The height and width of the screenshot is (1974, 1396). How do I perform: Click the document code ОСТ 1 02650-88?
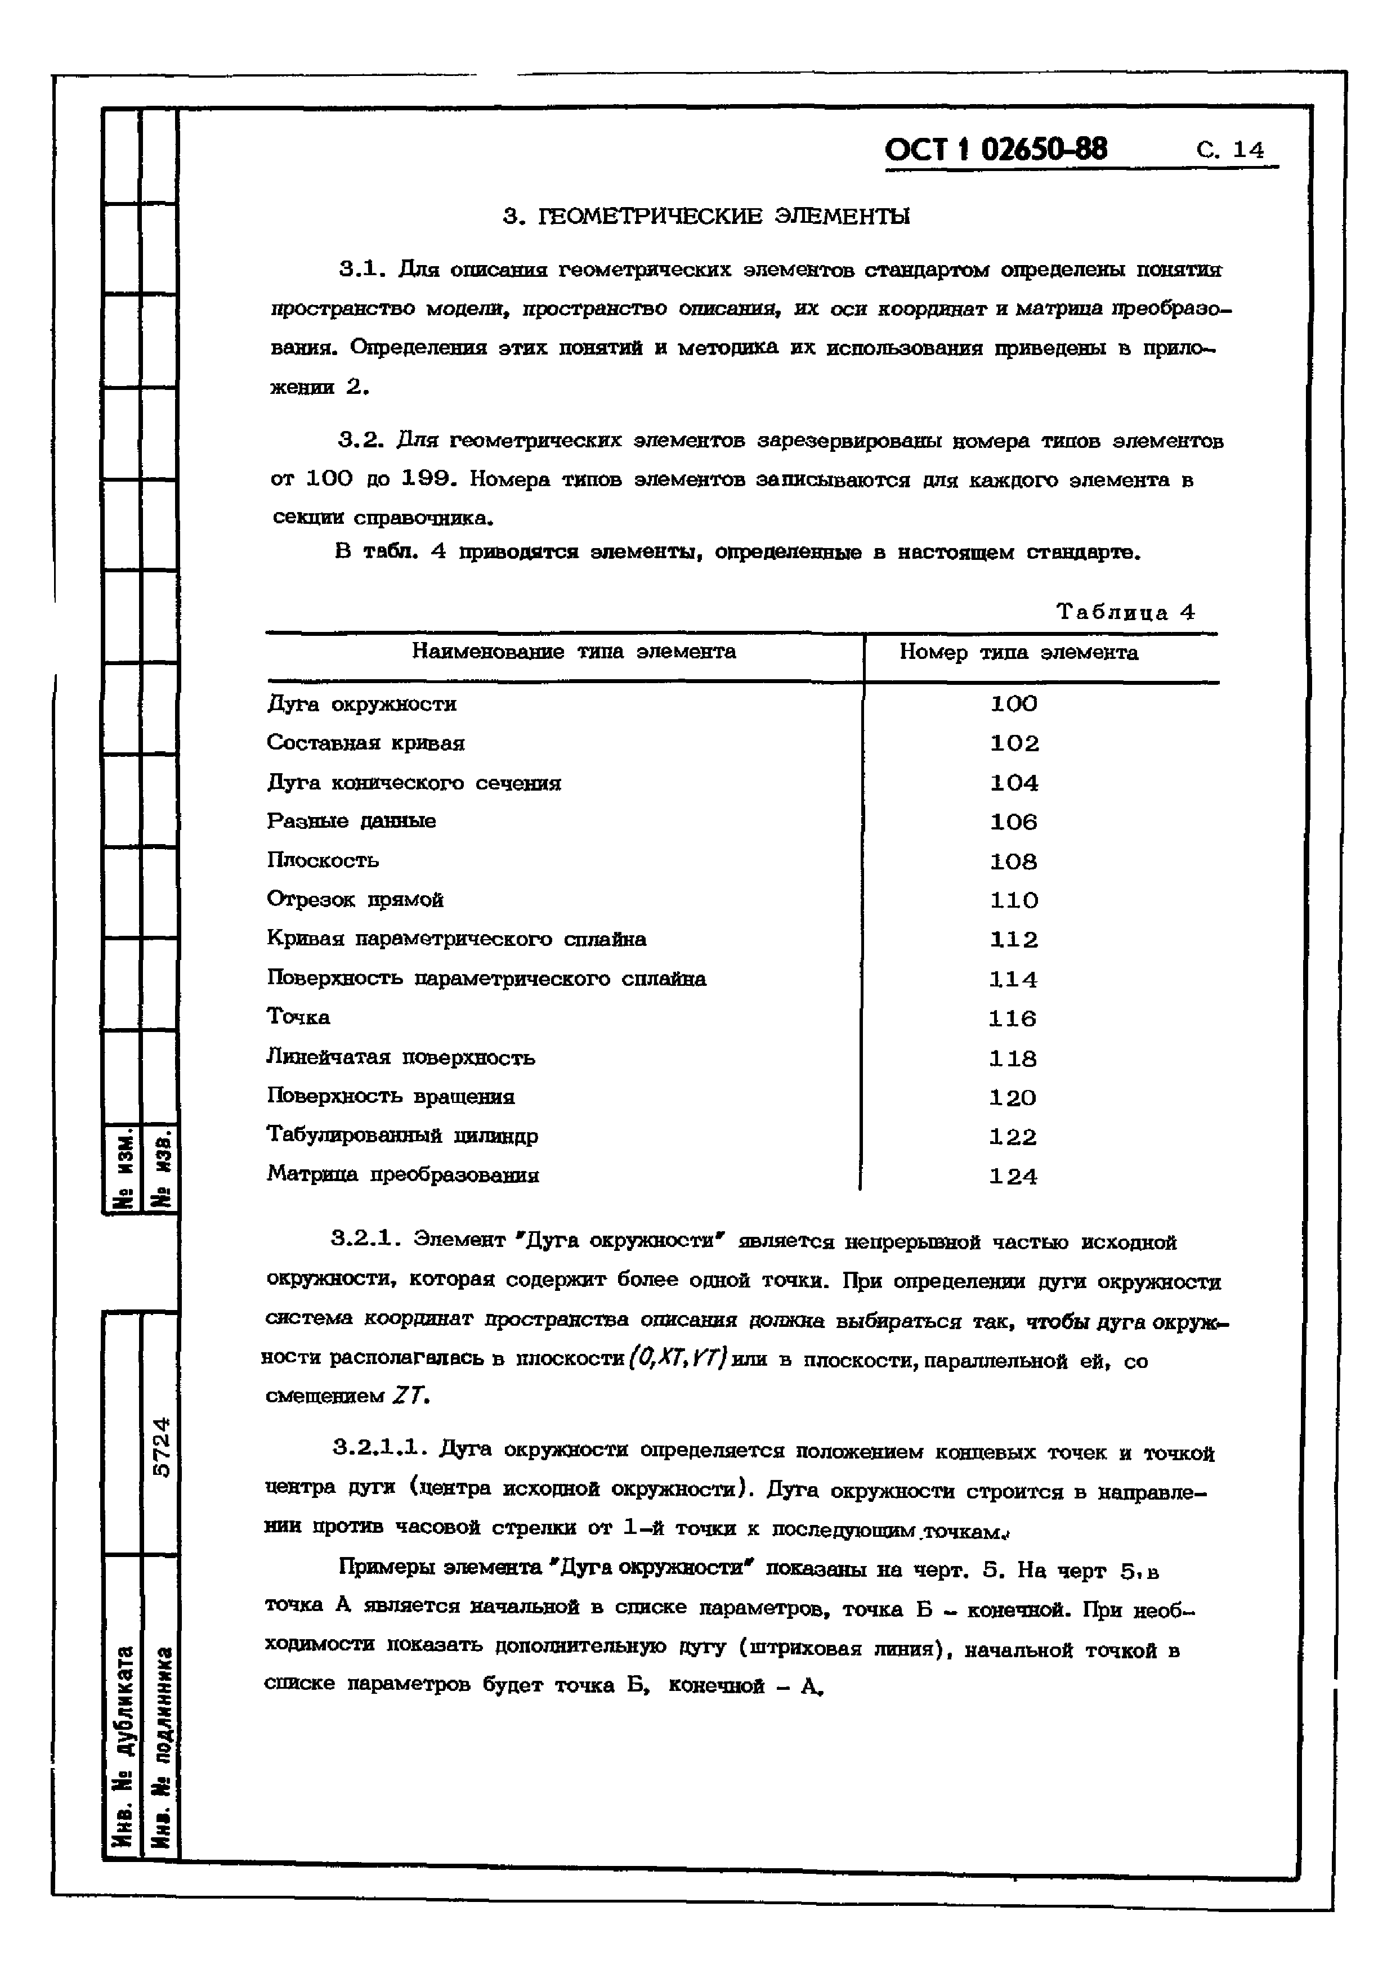click(x=996, y=150)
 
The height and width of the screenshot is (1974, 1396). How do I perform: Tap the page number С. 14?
click(x=1230, y=150)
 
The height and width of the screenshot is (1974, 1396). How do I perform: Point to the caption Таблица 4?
click(x=1125, y=612)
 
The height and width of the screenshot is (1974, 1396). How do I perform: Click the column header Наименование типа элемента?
click(x=574, y=652)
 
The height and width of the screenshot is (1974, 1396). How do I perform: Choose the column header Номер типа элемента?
click(x=1018, y=653)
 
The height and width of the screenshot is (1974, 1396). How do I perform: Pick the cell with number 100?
click(x=1014, y=704)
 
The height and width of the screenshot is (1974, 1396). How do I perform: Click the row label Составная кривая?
click(x=365, y=743)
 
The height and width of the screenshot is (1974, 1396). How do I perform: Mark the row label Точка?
click(x=298, y=1017)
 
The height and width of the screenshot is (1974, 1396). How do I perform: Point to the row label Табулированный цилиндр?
click(x=402, y=1136)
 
